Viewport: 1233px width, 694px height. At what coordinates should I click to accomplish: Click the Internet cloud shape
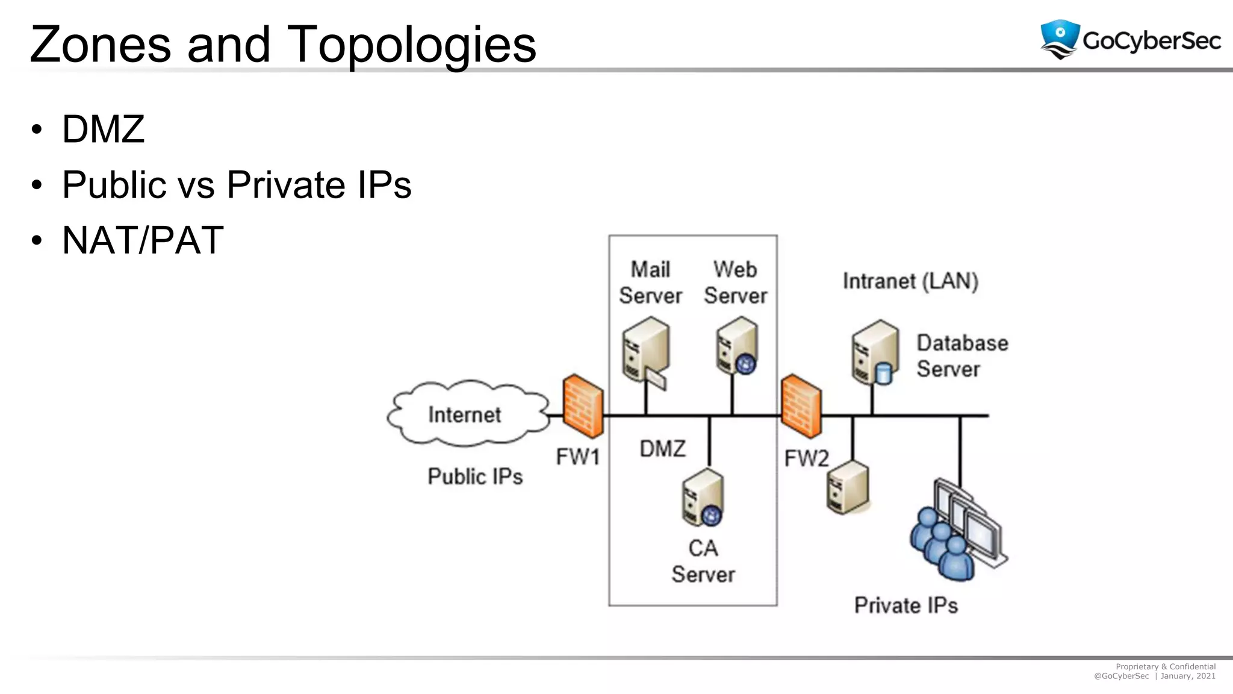click(x=467, y=414)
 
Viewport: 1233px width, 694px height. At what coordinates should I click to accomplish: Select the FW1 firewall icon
click(x=582, y=406)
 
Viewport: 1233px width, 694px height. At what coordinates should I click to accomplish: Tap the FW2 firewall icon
click(x=801, y=406)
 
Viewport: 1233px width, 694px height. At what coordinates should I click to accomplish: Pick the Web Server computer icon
click(x=737, y=346)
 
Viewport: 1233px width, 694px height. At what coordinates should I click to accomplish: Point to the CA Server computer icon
click(x=703, y=498)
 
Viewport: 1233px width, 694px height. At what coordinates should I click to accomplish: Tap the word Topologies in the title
click(x=411, y=45)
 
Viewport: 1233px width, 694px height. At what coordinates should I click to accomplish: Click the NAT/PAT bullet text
click(x=143, y=240)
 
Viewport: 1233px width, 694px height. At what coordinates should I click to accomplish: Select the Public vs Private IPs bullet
click(x=237, y=185)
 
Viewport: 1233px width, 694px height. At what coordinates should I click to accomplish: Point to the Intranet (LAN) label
click(x=910, y=281)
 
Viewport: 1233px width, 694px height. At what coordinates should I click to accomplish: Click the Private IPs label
click(x=905, y=605)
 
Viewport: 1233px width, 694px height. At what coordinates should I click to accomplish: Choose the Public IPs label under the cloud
click(x=475, y=477)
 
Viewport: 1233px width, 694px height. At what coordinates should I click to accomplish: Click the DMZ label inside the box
click(x=662, y=449)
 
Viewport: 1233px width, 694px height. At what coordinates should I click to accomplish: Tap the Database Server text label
click(x=961, y=356)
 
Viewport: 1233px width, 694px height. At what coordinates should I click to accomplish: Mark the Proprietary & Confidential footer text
click(x=1165, y=666)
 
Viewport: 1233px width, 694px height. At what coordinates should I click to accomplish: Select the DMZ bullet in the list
click(x=104, y=129)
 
